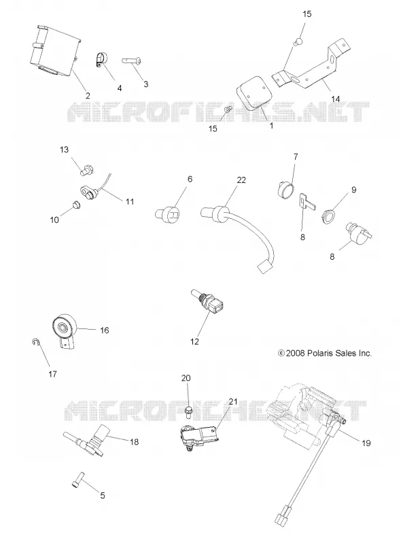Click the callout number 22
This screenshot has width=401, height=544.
241,180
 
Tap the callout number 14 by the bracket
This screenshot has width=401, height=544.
336,99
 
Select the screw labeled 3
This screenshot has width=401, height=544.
131,61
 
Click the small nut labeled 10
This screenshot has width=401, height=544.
75,205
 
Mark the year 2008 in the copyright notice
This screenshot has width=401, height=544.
296,353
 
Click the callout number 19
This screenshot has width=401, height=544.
366,443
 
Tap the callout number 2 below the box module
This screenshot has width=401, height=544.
88,95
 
